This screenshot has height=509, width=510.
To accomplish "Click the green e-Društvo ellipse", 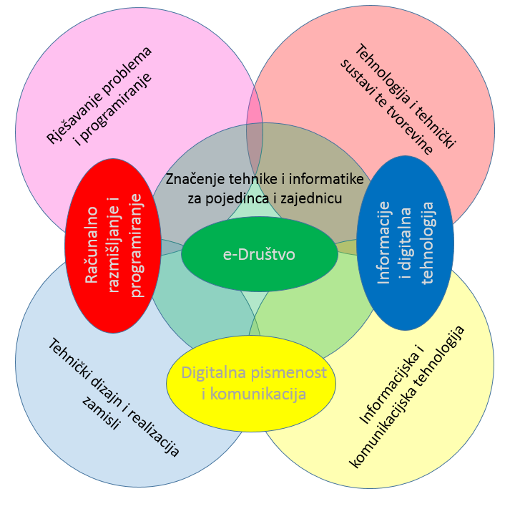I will [x=259, y=254].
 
